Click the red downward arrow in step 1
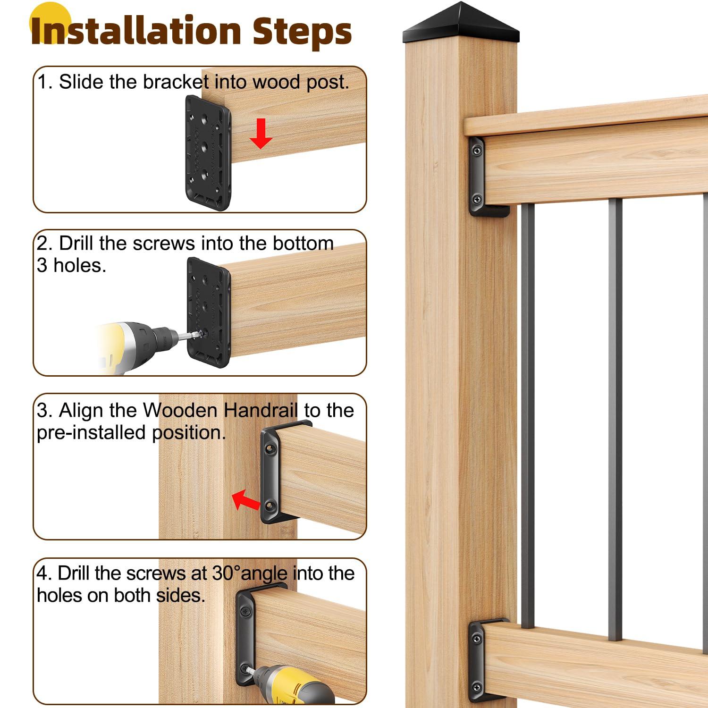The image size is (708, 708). [x=261, y=134]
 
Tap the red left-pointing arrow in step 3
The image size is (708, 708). [x=246, y=500]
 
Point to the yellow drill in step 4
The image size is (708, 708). [x=293, y=684]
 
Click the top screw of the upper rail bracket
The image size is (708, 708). [x=478, y=151]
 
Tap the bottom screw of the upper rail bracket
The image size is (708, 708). [x=477, y=199]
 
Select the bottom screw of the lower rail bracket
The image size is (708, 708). [x=477, y=686]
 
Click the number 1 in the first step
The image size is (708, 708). [x=42, y=82]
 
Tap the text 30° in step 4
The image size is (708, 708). [x=226, y=573]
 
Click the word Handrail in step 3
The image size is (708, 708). [x=261, y=410]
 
